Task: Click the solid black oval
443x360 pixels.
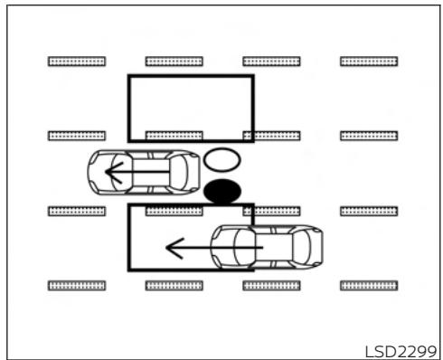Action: click(x=222, y=191)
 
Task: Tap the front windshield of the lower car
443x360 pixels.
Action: click(x=232, y=245)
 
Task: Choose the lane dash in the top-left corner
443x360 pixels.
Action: click(x=77, y=62)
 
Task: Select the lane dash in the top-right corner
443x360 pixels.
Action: click(x=369, y=62)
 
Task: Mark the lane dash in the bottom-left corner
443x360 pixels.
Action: click(x=77, y=285)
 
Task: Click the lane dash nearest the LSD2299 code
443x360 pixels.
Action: click(x=369, y=285)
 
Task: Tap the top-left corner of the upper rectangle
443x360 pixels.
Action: click(x=129, y=76)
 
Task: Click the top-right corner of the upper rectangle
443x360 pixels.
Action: click(x=252, y=76)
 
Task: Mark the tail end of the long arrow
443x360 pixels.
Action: click(x=262, y=246)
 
